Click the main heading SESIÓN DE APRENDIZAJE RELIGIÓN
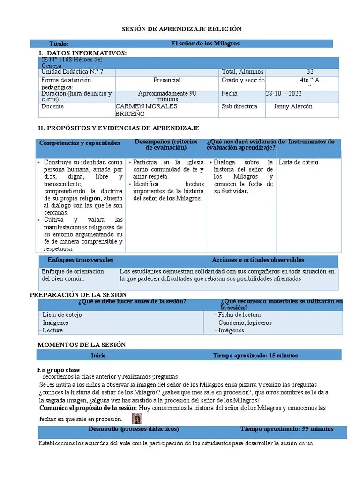click(x=181, y=29)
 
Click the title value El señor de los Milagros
click(x=205, y=44)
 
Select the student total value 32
click(x=310, y=72)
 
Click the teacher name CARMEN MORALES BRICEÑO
click(x=146, y=110)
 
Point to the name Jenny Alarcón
click(x=292, y=106)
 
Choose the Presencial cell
click(x=167, y=80)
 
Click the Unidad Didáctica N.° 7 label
click(x=72, y=72)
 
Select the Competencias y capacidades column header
click(x=80, y=143)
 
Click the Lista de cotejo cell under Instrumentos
click(x=298, y=162)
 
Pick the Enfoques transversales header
click(x=80, y=260)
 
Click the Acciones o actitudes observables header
click(x=258, y=260)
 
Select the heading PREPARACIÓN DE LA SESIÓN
click(x=78, y=295)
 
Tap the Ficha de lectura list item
click(x=239, y=315)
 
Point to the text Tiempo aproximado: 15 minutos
click(x=255, y=355)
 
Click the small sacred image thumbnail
click(x=137, y=419)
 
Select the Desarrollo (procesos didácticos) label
click(x=134, y=429)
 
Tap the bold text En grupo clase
click(x=59, y=370)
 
